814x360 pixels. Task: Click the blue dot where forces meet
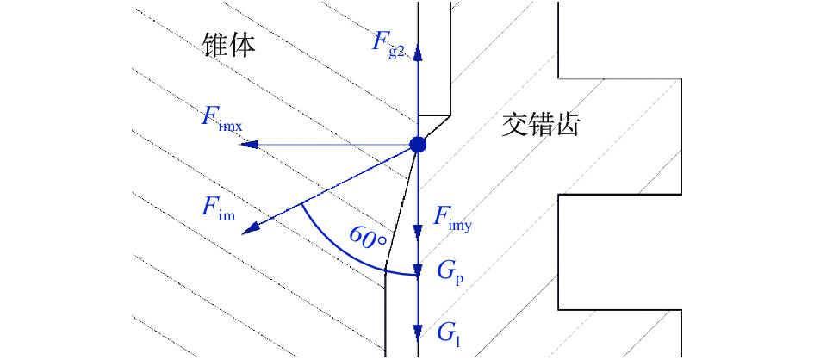[418, 145]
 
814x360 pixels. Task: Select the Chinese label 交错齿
[540, 127]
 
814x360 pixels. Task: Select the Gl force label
[448, 331]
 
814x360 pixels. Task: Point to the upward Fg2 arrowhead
[418, 53]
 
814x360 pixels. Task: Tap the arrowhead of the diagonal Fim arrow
[252, 228]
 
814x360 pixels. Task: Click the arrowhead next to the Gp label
[418, 272]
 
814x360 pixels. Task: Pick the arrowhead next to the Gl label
[418, 331]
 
